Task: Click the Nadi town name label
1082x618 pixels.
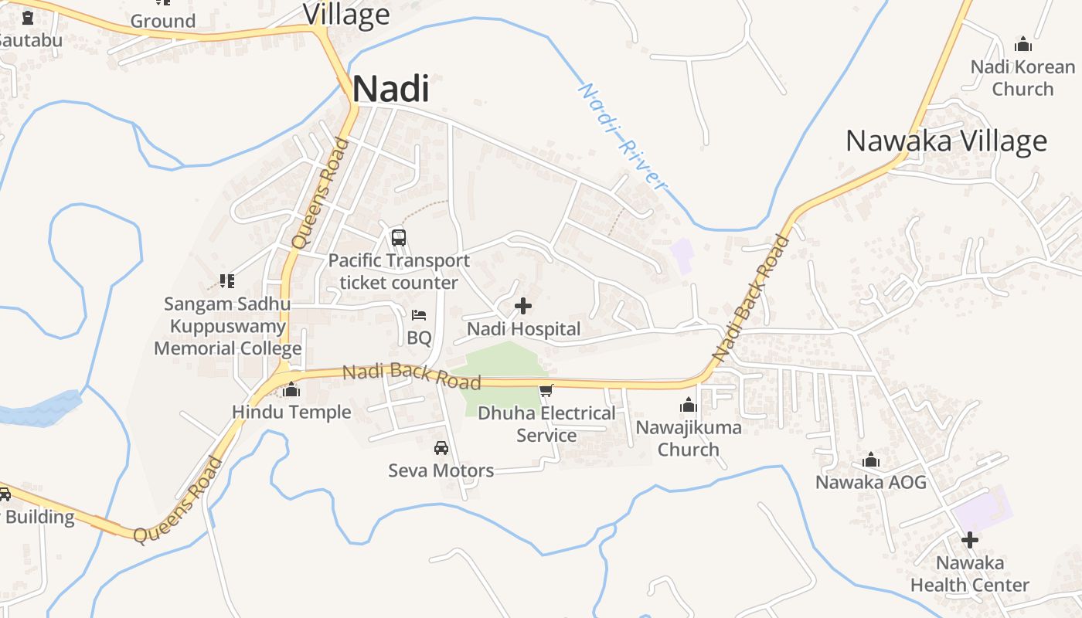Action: tap(390, 90)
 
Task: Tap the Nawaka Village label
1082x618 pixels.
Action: tap(946, 141)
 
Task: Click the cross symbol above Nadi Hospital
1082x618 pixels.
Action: tap(523, 306)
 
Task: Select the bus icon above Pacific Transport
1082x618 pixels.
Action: tap(399, 238)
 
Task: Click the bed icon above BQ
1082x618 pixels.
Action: tap(419, 315)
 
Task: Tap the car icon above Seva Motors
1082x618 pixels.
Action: tap(441, 447)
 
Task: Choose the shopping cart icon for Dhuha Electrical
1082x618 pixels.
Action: tap(546, 391)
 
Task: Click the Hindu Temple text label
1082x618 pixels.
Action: tap(292, 412)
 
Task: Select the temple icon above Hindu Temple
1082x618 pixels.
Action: tap(291, 390)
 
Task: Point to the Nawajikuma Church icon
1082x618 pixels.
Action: tap(689, 405)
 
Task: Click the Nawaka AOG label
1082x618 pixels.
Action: tap(871, 482)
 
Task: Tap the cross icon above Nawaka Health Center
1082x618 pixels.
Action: tap(970, 540)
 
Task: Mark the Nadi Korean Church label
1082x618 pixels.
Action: tap(1022, 77)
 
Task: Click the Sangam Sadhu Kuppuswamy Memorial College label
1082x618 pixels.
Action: tap(227, 326)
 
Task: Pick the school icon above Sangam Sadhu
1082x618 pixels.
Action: tap(227, 280)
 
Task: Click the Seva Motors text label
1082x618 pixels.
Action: tap(441, 470)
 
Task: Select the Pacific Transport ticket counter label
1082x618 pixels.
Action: tap(399, 272)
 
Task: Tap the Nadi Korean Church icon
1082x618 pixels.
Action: tap(1023, 44)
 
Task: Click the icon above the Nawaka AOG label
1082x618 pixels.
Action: tap(871, 460)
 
